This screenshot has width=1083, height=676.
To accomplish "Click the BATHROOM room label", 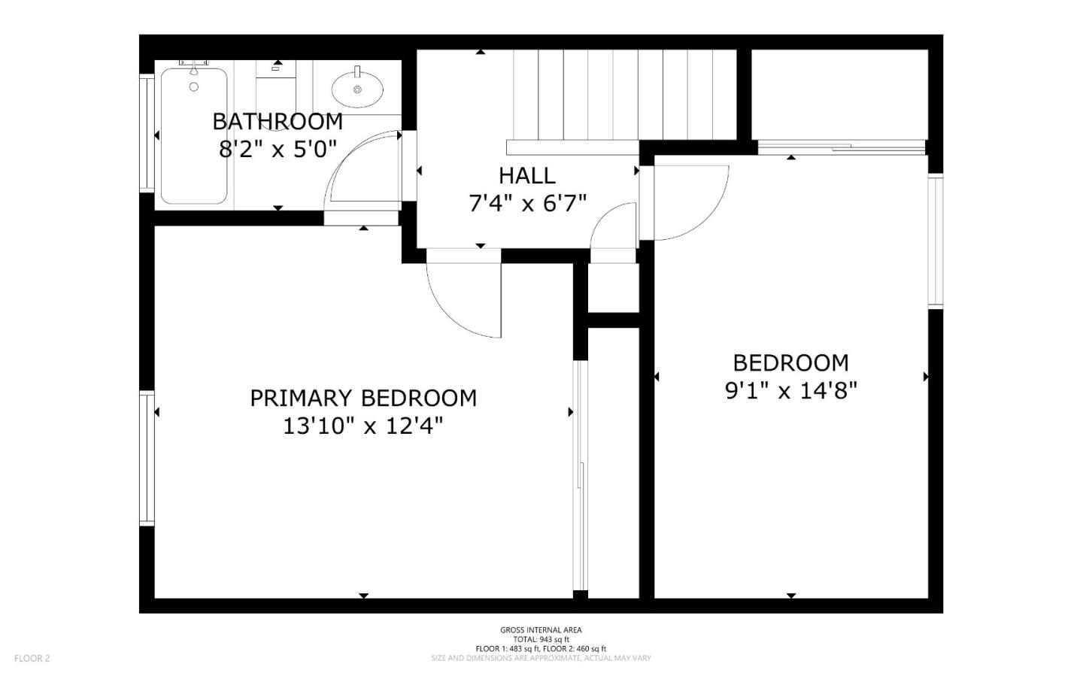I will [278, 121].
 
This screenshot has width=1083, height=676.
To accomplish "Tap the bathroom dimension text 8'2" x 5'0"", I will [278, 149].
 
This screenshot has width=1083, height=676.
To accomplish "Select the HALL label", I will [527, 175].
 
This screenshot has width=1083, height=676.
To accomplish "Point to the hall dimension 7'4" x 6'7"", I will [527, 203].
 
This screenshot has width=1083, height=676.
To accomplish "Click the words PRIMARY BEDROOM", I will [363, 398].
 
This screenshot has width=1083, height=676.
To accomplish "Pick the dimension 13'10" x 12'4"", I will [363, 426].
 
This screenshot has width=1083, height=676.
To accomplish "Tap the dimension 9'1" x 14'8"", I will [791, 391].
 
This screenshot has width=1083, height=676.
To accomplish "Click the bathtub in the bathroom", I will [194, 136].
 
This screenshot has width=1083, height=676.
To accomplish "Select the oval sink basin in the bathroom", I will [357, 88].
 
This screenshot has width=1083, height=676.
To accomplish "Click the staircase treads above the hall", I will [624, 94].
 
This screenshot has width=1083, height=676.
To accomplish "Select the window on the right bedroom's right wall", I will [935, 241].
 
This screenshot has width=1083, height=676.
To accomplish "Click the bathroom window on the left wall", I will [147, 132].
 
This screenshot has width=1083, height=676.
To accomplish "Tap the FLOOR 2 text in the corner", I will [32, 659].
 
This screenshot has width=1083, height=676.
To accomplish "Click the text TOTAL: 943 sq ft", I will [541, 639].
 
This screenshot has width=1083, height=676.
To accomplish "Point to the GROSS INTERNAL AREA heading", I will [541, 630].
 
